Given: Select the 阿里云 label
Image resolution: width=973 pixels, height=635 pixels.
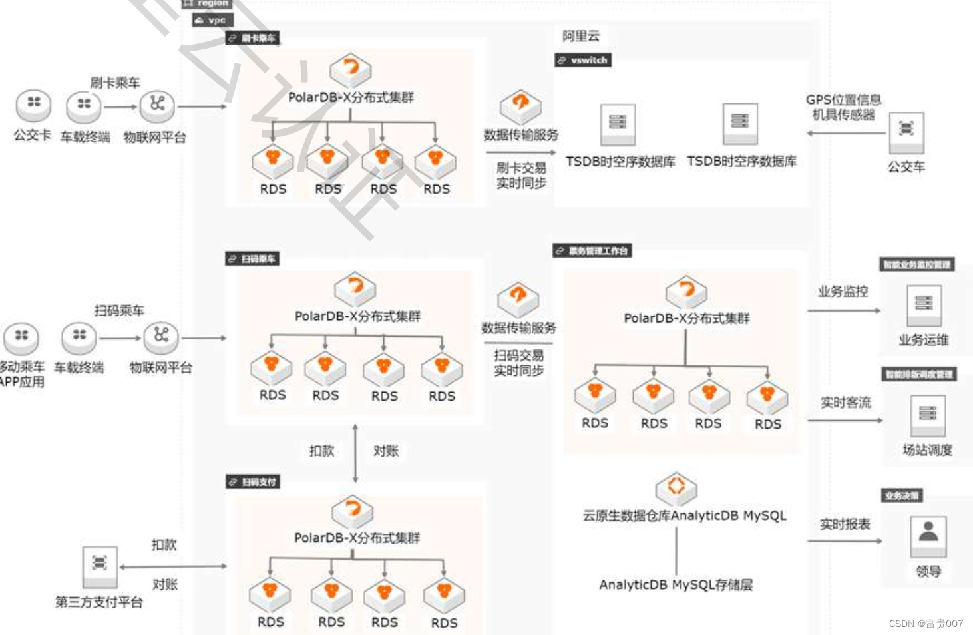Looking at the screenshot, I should click(580, 36).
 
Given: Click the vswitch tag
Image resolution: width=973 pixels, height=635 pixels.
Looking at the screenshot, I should click(583, 60).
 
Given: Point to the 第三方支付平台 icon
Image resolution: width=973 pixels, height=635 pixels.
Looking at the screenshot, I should click(99, 564).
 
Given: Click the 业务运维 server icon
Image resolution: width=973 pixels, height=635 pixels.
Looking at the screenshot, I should click(924, 304).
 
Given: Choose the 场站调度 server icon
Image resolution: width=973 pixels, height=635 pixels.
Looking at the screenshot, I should click(927, 414).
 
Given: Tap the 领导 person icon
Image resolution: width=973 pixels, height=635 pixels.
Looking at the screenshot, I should click(928, 534).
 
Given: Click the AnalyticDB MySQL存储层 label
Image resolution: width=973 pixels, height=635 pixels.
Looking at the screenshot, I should click(676, 585).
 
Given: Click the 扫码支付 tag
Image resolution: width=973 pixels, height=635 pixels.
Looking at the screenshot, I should click(252, 482).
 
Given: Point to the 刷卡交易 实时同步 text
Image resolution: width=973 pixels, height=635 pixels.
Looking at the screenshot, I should click(521, 176).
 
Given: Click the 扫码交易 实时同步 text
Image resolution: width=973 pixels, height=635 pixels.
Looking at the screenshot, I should click(518, 363).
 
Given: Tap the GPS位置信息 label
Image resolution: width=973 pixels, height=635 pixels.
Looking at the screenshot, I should click(843, 100).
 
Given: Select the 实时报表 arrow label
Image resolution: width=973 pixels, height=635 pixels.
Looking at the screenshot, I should click(845, 525).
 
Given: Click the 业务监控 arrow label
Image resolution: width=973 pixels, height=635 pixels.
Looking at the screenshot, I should click(843, 292).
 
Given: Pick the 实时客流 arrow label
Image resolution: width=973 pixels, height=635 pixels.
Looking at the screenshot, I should click(845, 403).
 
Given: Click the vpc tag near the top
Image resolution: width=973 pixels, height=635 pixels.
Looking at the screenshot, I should click(212, 21).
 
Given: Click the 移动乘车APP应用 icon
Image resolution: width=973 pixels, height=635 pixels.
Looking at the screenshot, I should click(21, 337).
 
